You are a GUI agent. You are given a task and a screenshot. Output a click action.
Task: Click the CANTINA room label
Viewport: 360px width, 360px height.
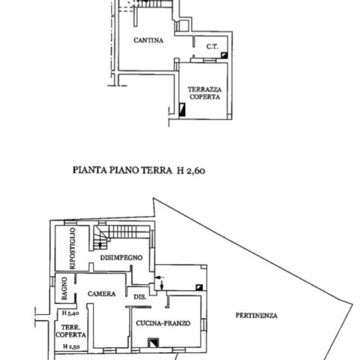coord(148,40)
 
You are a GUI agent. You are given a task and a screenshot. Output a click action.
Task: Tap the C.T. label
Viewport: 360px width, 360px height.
coord(212,46)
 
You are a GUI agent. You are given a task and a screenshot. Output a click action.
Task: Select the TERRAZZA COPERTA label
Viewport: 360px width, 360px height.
coord(205,93)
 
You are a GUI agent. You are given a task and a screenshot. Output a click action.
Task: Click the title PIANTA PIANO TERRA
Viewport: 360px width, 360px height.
coord(122,170)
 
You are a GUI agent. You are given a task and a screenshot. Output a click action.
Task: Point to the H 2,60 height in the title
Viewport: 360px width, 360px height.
coord(191,171)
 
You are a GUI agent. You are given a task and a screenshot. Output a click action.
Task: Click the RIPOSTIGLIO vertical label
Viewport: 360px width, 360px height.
coord(72,248)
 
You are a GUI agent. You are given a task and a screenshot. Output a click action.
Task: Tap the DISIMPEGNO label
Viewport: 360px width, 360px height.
coord(121,257)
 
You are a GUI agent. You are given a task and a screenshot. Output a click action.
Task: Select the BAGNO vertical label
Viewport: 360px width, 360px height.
coord(64,288)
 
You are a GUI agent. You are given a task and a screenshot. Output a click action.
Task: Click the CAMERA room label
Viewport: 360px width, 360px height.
coord(102,294)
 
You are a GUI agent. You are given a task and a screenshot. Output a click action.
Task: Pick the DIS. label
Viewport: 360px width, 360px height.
coord(140,297)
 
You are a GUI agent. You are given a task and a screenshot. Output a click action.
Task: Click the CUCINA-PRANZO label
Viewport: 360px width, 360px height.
coord(163,323)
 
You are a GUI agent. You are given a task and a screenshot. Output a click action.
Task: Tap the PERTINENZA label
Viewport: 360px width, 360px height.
coord(256,316)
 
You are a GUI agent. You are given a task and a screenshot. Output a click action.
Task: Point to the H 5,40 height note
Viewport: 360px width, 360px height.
coord(70,313)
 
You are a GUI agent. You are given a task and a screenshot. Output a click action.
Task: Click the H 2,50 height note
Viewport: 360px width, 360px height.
coord(71,346)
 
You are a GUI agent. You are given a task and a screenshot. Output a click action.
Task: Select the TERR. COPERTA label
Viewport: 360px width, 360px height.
coord(70,331)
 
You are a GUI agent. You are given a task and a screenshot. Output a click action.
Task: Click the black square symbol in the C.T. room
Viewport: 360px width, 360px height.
coord(224,55)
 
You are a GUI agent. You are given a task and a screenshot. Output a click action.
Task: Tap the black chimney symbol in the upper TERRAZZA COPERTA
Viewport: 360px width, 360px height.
coord(182,110)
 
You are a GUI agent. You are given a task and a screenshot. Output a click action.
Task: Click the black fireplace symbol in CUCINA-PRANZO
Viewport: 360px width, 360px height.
coord(153,343)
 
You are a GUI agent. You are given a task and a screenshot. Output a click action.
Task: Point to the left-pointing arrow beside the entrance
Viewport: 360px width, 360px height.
coord(160,277)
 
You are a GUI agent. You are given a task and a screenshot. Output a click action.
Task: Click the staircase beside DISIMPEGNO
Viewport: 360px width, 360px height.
coord(121,235)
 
